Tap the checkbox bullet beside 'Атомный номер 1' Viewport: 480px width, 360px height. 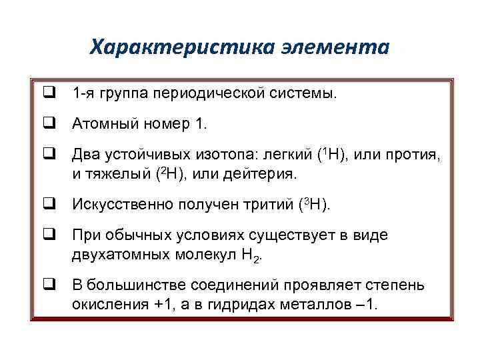[x=49, y=123]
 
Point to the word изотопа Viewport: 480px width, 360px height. [x=223, y=155]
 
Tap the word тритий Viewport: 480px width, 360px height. [x=273, y=204]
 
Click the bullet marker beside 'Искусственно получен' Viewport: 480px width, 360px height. [x=49, y=204]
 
